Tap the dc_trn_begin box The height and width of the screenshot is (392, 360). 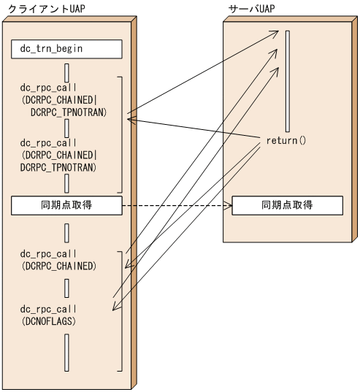(x=66, y=50)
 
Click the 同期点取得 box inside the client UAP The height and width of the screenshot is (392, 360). (x=66, y=206)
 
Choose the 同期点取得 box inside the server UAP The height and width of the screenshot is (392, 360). (x=287, y=206)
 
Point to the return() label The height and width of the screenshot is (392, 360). (x=286, y=139)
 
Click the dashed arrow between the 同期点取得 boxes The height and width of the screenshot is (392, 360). (x=175, y=206)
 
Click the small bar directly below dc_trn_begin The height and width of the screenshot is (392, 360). (x=66, y=73)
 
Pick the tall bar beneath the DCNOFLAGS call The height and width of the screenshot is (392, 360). (x=66, y=352)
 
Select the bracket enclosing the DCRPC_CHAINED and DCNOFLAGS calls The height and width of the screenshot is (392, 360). (x=119, y=310)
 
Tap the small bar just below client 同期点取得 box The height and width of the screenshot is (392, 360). (x=66, y=233)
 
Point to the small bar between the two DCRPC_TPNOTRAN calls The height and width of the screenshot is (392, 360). (x=66, y=128)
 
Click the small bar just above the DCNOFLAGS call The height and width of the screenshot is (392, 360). (x=66, y=290)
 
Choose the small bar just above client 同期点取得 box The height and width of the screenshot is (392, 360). (x=66, y=183)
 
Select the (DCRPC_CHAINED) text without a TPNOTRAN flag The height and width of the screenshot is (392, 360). (x=58, y=266)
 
